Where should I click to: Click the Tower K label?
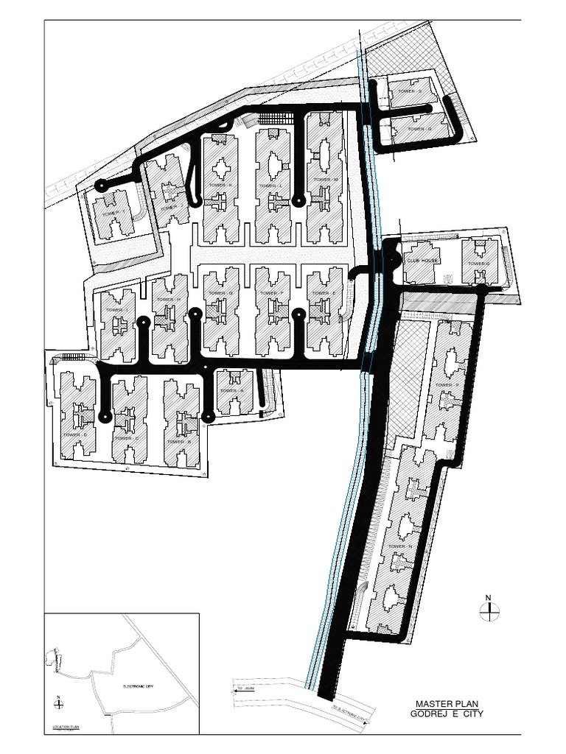(220, 185)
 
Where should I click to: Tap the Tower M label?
(325, 180)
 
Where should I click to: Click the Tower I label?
(116, 310)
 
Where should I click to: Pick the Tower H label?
(169, 300)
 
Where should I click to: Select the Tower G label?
(221, 293)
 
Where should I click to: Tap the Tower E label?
(324, 293)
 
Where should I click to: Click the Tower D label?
(75, 434)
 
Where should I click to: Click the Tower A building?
(234, 392)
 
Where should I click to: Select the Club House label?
(422, 260)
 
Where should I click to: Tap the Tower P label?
(447, 385)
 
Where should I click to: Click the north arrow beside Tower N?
(489, 608)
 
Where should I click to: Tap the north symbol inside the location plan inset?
(58, 703)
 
